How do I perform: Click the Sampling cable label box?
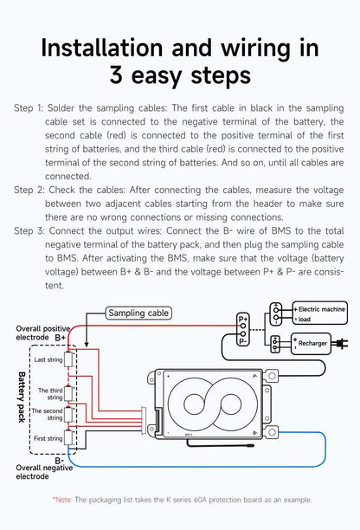[138, 313]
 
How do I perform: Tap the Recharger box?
[311, 344]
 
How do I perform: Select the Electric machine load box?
[319, 313]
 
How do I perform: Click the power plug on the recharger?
[340, 344]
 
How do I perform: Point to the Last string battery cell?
[68, 359]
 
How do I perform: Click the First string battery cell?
[68, 437]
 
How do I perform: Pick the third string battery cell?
[68, 394]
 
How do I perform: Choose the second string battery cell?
[68, 415]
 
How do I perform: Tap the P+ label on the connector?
[243, 319]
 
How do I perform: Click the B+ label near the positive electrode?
[61, 338]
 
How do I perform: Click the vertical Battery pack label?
[22, 397]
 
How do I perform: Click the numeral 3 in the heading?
[116, 75]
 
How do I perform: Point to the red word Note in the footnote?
[62, 500]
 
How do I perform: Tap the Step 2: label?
[29, 190]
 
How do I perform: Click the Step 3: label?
[29, 231]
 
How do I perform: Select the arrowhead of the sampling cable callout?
[87, 344]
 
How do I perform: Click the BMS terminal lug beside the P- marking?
[272, 376]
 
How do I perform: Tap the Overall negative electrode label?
[44, 472]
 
